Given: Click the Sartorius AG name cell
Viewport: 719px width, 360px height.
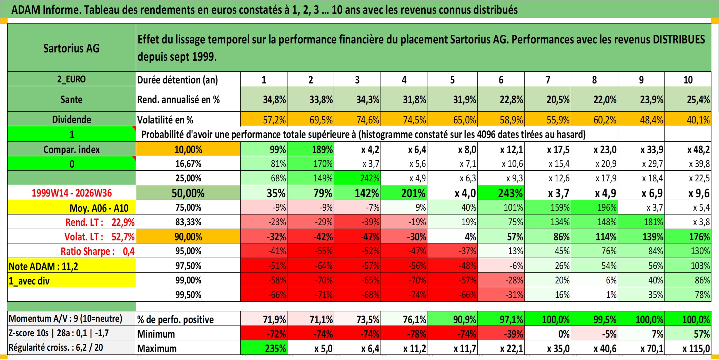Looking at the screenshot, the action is (72, 48).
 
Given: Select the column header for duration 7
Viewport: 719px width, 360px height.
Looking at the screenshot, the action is (548, 80).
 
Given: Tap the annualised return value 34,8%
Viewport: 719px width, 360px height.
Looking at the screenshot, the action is (264, 99).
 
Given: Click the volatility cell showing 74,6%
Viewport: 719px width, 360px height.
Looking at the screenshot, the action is (357, 119).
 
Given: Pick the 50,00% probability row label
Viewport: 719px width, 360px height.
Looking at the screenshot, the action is (188, 193).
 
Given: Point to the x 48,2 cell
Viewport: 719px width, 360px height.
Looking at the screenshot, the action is (688, 149).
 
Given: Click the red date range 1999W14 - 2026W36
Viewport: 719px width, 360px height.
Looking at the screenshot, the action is (72, 193).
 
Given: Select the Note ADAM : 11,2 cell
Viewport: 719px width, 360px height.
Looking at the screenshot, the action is (72, 266).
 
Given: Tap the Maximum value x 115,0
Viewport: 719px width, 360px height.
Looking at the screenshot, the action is (688, 348).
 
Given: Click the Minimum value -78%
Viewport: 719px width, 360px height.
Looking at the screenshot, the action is (404, 333).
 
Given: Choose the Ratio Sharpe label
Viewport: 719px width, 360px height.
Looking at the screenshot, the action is (88, 251).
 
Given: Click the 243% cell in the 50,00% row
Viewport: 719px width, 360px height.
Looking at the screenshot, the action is (501, 193).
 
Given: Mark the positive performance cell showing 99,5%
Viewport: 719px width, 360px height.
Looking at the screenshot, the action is (595, 319).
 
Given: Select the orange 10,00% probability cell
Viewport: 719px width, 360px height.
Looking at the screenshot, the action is (188, 149).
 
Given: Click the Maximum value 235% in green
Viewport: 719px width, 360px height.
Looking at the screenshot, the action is (264, 348).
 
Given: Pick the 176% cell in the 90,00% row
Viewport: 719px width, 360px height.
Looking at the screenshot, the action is (688, 237).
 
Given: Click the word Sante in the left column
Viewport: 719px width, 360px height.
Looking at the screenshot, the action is (71, 99).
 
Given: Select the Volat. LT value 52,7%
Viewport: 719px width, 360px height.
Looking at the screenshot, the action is (123, 237).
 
